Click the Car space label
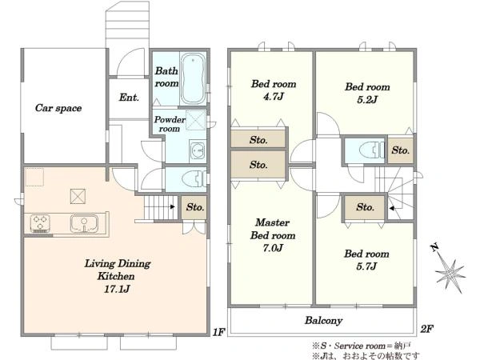tap(58, 108)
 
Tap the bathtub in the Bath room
tap(193, 78)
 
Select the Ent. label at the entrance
tap(129, 98)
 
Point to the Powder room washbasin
tap(198, 150)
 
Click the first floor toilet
tap(194, 178)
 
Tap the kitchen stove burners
tap(40, 222)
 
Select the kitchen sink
tap(84, 223)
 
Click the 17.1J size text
tap(117, 289)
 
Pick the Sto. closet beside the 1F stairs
tap(194, 207)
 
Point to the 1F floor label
tap(219, 332)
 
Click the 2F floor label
tap(426, 329)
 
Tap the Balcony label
tap(323, 321)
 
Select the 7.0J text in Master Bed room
tap(273, 248)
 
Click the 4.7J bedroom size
tap(274, 97)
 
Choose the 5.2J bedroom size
tap(367, 99)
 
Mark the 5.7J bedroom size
tap(366, 266)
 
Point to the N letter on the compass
tap(434, 247)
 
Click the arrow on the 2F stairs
tap(392, 209)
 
